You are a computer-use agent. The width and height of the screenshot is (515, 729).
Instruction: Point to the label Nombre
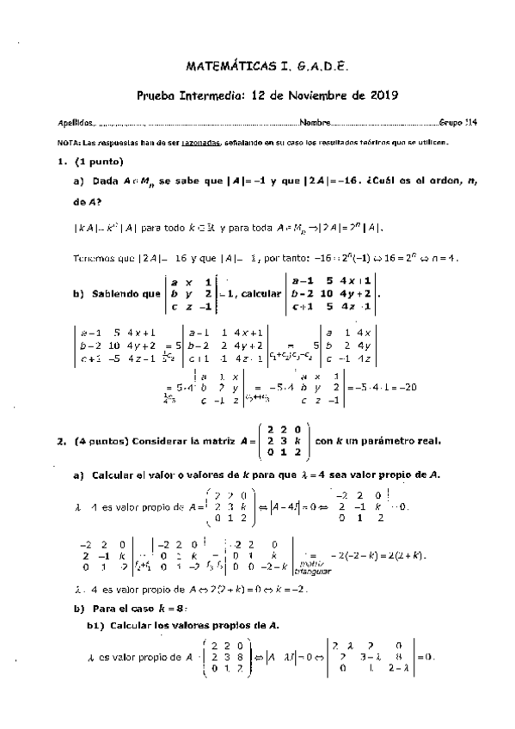[314, 123]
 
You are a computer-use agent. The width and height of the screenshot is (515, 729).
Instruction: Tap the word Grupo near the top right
[450, 123]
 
